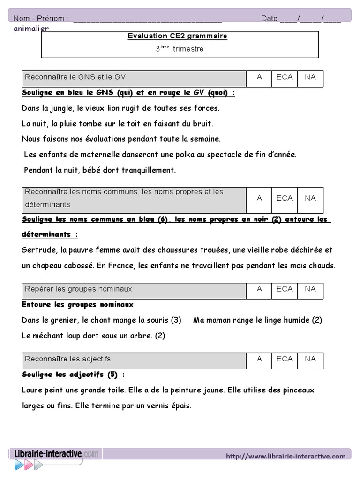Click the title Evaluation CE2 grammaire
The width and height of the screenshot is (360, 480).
[x=177, y=36]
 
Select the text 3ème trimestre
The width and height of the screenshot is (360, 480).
[x=180, y=49]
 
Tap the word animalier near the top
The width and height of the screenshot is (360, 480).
[x=31, y=29]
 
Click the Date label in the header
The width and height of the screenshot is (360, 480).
[x=270, y=18]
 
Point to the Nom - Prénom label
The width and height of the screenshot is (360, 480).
[x=41, y=18]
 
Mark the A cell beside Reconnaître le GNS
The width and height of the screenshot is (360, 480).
[x=259, y=77]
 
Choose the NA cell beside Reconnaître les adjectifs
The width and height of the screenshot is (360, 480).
[x=310, y=359]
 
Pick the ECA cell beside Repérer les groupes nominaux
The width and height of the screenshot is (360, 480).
[x=285, y=289]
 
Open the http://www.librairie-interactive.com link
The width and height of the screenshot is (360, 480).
[x=285, y=456]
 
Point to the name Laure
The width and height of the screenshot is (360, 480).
[x=32, y=390]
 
